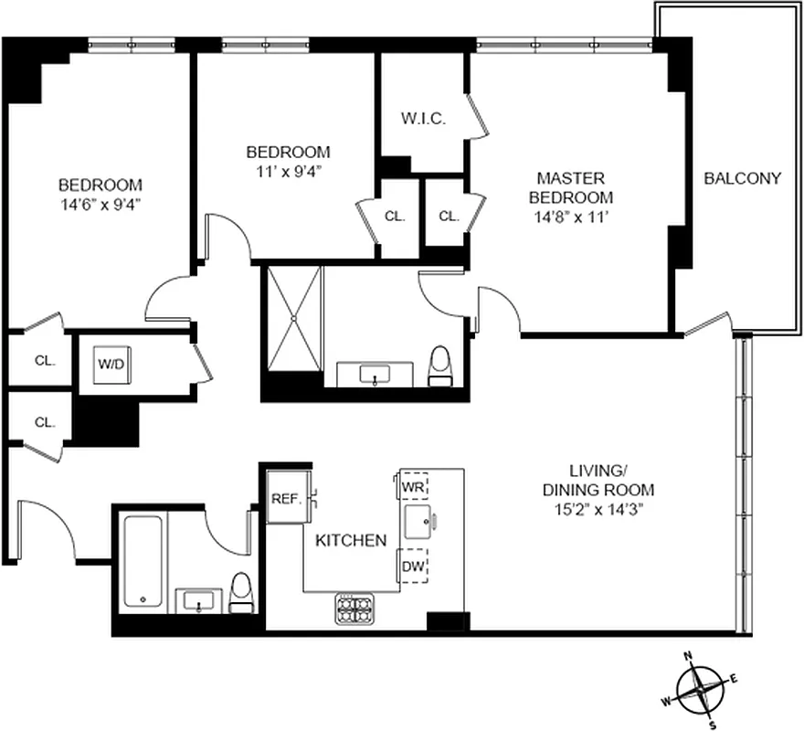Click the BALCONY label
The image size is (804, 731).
742,178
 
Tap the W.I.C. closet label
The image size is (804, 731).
423,119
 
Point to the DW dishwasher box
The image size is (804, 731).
412,566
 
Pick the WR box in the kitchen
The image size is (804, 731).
413,487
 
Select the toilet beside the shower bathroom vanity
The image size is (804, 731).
439,365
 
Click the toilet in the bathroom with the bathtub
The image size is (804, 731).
240,593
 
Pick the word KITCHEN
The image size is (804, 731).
351,541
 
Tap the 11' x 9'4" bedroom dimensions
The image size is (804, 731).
288,170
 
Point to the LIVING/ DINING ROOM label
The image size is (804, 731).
598,480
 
